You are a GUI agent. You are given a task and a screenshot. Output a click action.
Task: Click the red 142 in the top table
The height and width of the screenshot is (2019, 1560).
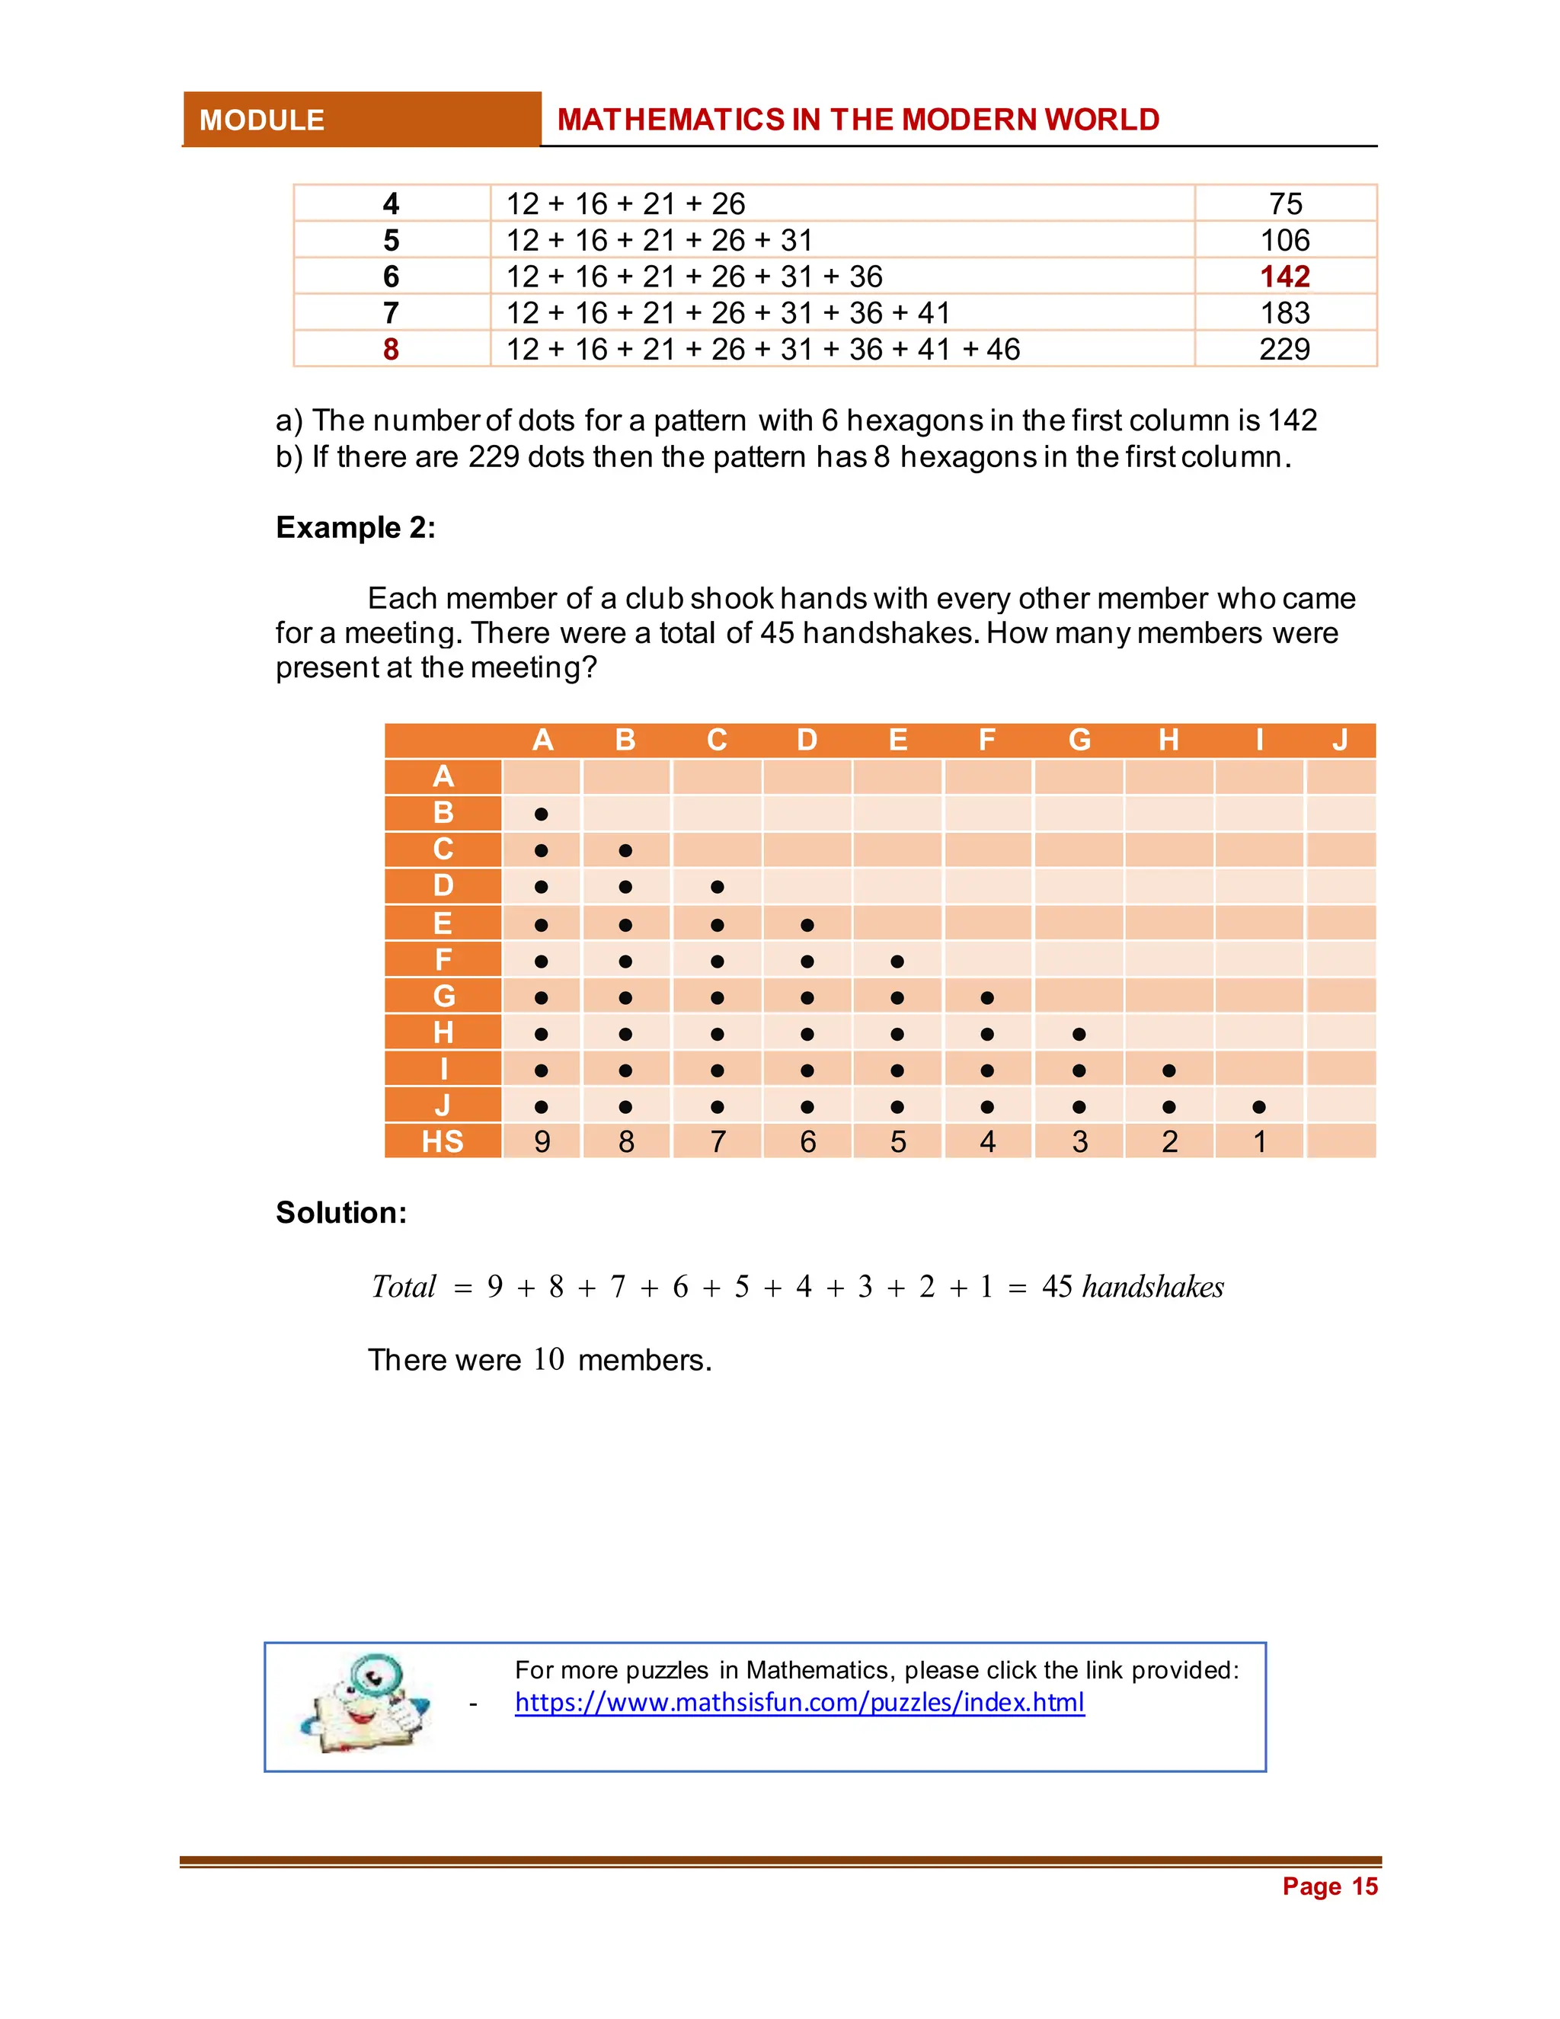click(1284, 277)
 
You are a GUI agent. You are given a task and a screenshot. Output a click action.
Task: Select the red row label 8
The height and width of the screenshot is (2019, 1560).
click(391, 350)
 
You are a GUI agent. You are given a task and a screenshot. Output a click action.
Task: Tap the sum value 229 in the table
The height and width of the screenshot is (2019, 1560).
click(1284, 350)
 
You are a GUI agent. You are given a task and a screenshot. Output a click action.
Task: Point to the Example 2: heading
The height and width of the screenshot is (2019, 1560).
click(356, 527)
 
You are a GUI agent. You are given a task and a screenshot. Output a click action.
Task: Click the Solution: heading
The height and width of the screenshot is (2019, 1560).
click(341, 1212)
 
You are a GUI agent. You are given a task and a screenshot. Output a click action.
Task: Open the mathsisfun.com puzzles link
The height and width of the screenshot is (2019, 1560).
click(799, 1702)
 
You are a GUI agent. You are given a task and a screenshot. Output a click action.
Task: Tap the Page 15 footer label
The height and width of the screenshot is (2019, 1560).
click(1329, 1886)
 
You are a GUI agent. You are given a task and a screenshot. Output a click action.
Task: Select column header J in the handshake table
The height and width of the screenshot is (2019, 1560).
click(1340, 740)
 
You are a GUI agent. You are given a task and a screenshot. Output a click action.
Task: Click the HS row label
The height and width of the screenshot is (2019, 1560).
click(443, 1142)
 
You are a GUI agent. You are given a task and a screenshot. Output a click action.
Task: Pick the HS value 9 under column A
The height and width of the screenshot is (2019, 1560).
click(542, 1142)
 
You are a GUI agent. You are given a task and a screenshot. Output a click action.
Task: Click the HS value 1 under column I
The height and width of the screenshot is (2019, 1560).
click(1258, 1142)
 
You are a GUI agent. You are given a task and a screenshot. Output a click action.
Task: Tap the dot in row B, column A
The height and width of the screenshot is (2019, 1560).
click(542, 814)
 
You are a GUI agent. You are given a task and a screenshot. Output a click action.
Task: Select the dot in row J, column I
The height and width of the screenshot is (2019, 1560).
click(1258, 1106)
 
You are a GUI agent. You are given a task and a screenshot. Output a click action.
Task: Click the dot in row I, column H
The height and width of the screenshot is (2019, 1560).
click(1169, 1070)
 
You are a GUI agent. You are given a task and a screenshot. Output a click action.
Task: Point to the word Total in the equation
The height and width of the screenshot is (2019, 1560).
click(403, 1287)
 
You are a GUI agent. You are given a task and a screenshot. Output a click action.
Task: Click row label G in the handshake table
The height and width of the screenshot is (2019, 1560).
click(443, 996)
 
